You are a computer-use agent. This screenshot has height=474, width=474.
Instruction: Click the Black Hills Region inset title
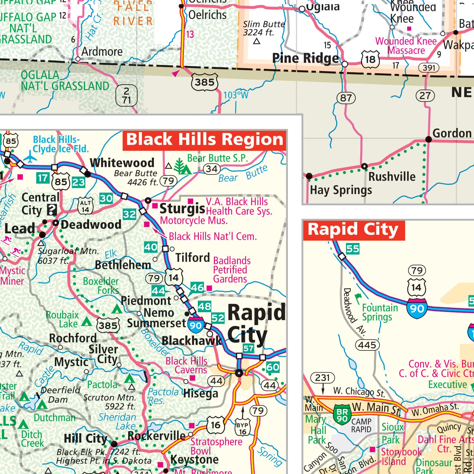[x=204, y=140]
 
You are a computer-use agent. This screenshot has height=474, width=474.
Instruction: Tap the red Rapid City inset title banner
[x=353, y=230]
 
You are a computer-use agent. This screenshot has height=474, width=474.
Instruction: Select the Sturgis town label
[x=182, y=209]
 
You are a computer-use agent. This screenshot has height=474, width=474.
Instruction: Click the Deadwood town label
[x=91, y=225]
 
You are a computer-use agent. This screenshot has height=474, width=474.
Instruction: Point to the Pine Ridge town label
[x=306, y=58]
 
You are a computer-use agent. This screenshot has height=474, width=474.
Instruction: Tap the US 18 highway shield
[x=370, y=59]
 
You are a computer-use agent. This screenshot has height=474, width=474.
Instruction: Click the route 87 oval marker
[x=346, y=98]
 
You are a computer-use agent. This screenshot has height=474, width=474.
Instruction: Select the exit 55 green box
[x=353, y=249]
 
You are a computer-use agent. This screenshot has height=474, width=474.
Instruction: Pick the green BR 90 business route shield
[x=342, y=415]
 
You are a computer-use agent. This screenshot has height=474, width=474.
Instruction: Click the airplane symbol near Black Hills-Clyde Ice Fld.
[x=30, y=157]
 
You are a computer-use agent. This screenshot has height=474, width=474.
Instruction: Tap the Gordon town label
[x=452, y=133]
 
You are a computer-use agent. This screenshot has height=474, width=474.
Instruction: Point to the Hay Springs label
[x=341, y=190]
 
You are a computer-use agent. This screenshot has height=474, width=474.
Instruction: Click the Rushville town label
[x=392, y=177]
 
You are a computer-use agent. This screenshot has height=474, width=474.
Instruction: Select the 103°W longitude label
[x=236, y=95]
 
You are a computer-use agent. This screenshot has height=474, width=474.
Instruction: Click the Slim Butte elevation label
[x=264, y=28]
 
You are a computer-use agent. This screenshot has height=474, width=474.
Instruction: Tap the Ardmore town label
[x=102, y=52]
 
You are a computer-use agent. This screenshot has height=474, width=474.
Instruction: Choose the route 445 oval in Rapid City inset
[x=367, y=345]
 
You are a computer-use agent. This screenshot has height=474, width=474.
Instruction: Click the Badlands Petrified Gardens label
[x=232, y=270]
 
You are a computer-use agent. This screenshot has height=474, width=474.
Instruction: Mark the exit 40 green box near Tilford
[x=151, y=247]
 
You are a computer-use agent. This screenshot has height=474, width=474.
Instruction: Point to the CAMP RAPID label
[x=361, y=425]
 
